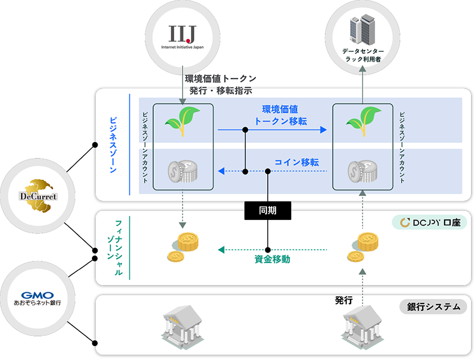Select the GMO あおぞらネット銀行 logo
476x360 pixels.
pyautogui.click(x=39, y=297)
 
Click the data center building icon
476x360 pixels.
pyautogui.click(x=363, y=30)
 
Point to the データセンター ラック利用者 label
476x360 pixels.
pyautogui.click(x=363, y=55)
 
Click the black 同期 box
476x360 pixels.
pyautogui.click(x=268, y=210)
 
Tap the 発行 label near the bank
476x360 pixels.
pyautogui.click(x=343, y=301)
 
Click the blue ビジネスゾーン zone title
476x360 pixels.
pyautogui.click(x=113, y=144)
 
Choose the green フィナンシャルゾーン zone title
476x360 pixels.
pyautogui.click(x=114, y=247)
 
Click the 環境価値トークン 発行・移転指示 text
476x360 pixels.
pyautogui.click(x=220, y=85)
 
